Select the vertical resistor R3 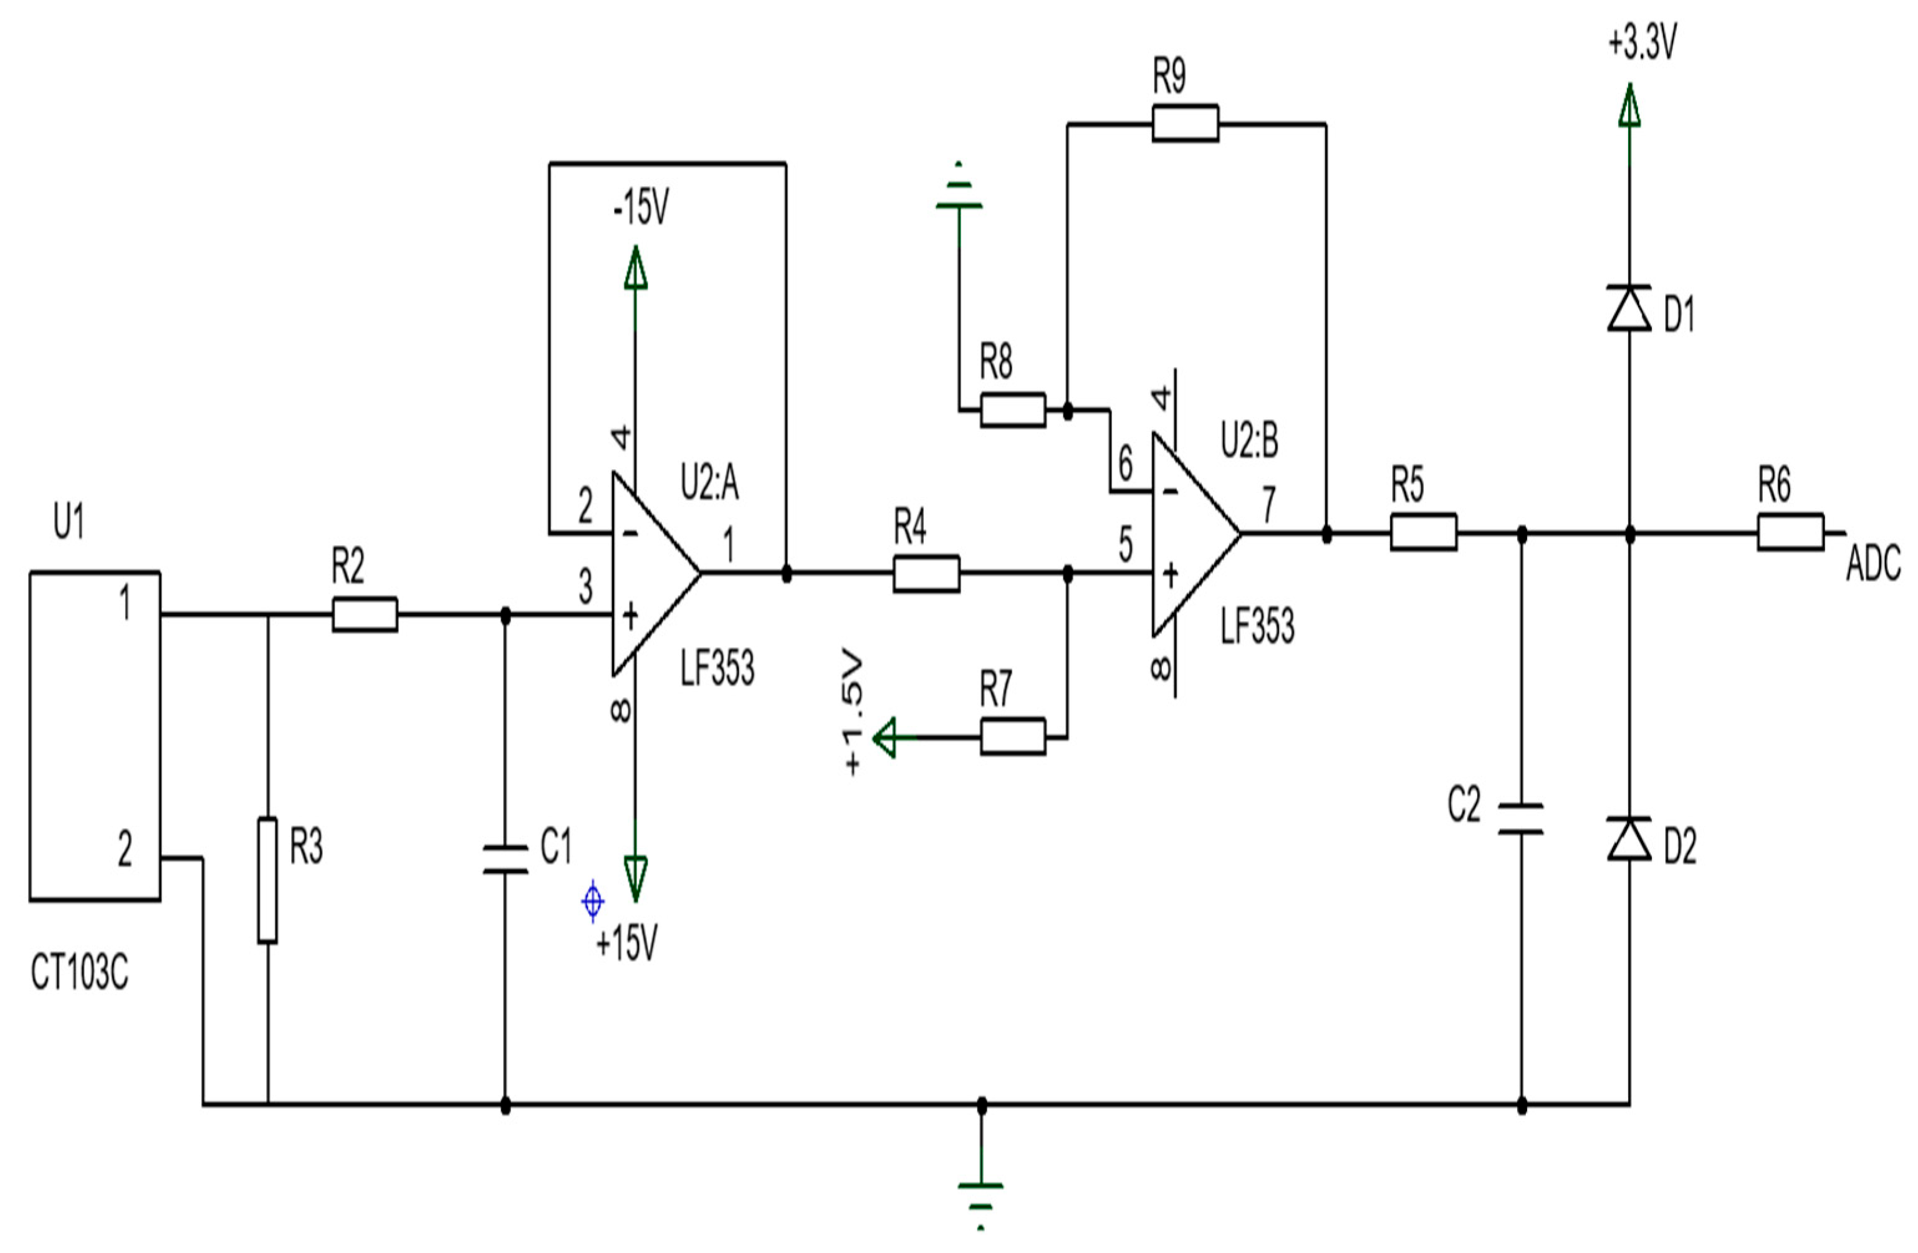click(267, 881)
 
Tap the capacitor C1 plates click(506, 859)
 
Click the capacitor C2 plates click(1521, 819)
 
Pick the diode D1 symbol click(1629, 308)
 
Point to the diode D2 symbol click(1629, 839)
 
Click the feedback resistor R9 click(1184, 124)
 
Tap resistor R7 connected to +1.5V click(1012, 736)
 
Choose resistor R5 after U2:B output click(1423, 533)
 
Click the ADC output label click(1873, 564)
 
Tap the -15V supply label click(641, 209)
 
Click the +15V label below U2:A click(627, 942)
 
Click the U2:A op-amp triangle click(649, 574)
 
